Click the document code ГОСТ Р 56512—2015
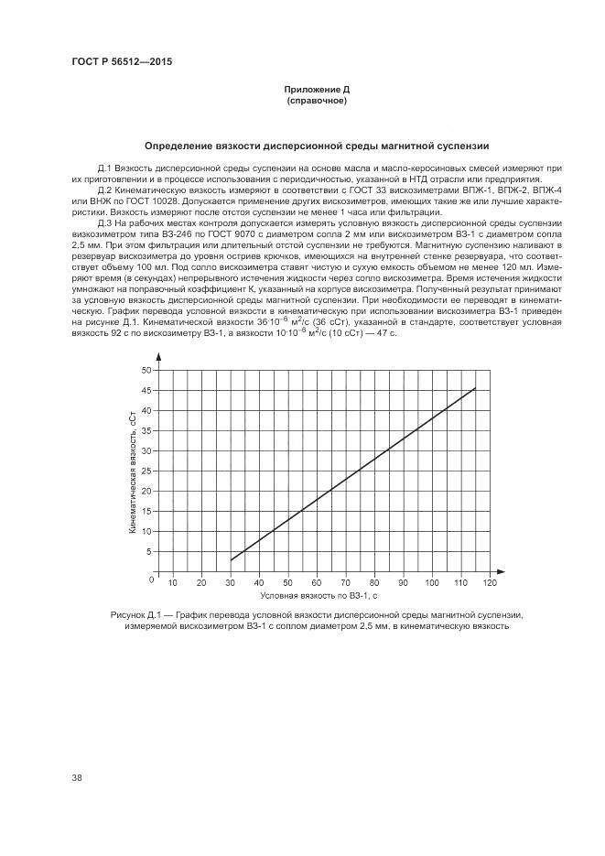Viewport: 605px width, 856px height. tap(122, 61)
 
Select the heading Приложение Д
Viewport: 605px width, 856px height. tap(316, 90)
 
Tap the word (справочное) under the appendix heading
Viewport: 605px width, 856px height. tap(316, 100)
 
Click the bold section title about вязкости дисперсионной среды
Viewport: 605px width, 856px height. tap(316, 146)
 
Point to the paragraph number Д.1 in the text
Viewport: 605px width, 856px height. tap(103, 169)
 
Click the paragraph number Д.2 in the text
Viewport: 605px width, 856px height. tap(103, 190)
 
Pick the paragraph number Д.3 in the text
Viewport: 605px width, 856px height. tap(103, 222)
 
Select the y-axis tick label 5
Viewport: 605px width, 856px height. tap(148, 552)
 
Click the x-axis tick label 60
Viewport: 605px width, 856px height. tap(317, 582)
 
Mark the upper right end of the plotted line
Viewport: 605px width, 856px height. tap(475, 388)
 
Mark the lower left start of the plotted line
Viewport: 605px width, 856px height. tap(231, 560)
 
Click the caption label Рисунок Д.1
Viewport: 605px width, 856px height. tap(135, 615)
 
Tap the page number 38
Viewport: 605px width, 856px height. tap(77, 778)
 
